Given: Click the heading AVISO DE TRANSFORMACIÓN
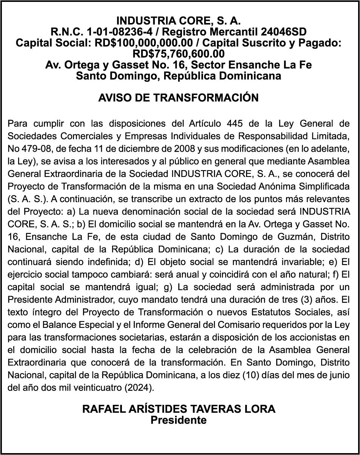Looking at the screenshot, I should click(x=178, y=98).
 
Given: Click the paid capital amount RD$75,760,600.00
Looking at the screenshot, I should click(x=179, y=54).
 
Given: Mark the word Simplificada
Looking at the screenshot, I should click(x=323, y=186).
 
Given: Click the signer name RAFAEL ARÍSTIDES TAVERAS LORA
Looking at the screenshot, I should click(x=179, y=409).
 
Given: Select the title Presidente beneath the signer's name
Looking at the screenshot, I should click(x=179, y=420).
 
